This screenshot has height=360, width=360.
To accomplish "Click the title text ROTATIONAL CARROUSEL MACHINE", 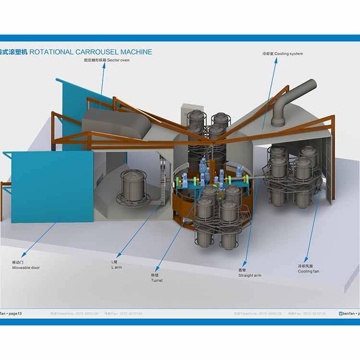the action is (91, 52).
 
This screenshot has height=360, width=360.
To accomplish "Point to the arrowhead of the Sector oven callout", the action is (103, 67).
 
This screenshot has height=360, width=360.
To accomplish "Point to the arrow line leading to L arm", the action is (139, 230).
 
